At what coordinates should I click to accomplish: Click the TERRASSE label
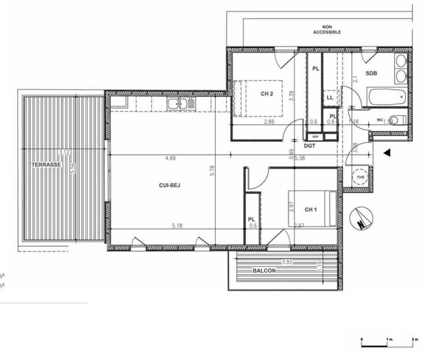[x=46, y=165]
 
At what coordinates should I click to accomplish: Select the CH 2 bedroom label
[x=267, y=94]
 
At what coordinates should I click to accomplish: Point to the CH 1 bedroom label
[x=311, y=210]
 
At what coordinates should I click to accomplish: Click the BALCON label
[x=264, y=271]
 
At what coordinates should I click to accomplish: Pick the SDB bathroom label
[x=371, y=73]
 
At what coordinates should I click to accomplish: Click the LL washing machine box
[x=330, y=97]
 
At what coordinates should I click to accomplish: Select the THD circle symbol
[x=360, y=176]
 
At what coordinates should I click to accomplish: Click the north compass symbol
[x=361, y=218]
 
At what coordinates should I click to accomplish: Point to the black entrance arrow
[x=386, y=153]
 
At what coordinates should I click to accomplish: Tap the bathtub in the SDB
[x=386, y=97]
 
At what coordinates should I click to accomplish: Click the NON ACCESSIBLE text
[x=327, y=30]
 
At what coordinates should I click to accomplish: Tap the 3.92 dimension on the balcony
[x=287, y=261]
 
